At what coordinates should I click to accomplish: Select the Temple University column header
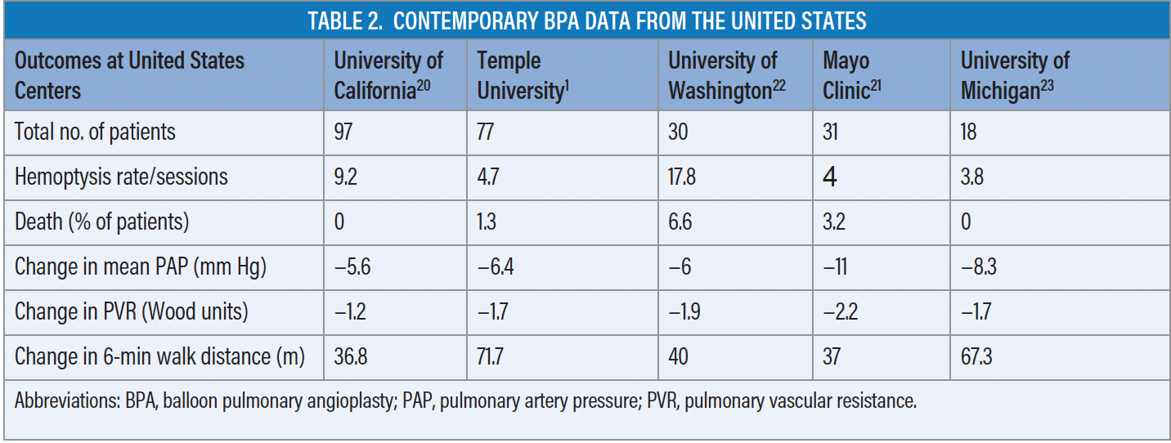point(520,76)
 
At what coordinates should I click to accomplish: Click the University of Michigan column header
point(1014,76)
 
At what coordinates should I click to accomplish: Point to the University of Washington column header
point(726,76)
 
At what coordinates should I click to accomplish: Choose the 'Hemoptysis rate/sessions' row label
point(121,177)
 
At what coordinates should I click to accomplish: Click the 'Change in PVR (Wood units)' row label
point(132,312)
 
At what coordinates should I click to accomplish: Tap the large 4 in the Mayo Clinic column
point(830,177)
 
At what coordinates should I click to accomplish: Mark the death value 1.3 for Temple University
point(487,222)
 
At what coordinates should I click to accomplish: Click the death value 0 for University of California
point(339,222)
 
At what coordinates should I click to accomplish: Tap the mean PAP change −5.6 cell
point(353,267)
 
